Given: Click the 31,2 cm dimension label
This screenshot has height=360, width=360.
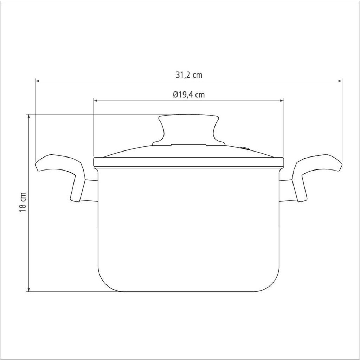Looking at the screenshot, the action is coord(189,75).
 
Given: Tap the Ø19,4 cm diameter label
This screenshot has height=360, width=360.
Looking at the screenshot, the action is coord(189,95).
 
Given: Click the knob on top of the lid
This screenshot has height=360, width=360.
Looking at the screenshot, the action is coord(189,130).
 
